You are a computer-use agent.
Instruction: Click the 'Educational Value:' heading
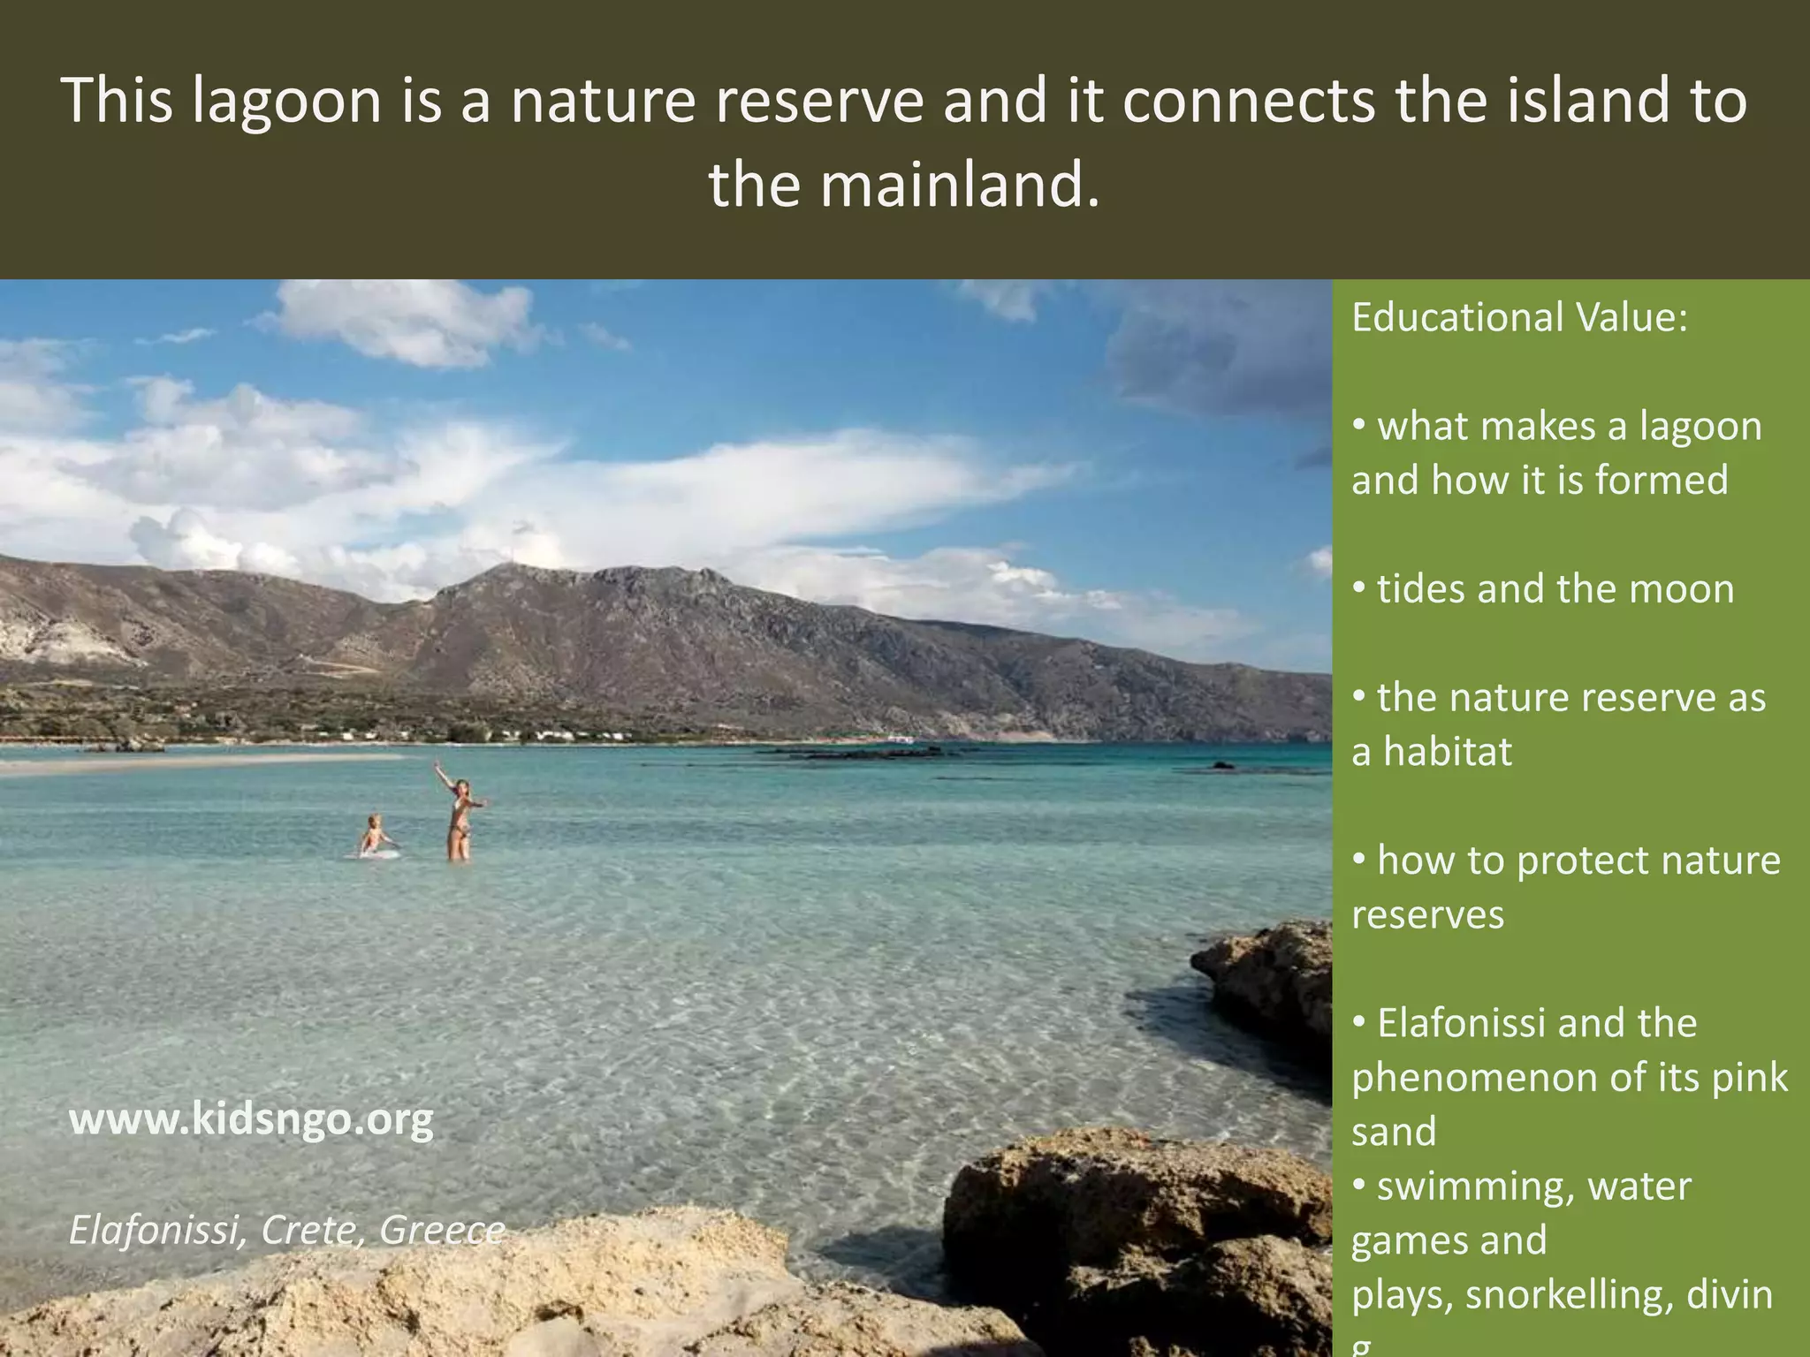tap(1519, 317)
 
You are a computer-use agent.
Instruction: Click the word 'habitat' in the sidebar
tap(1447, 752)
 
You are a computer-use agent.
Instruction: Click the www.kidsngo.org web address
tap(251, 1120)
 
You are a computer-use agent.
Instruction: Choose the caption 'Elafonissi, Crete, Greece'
tap(286, 1230)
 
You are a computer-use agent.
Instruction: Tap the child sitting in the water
tap(375, 836)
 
